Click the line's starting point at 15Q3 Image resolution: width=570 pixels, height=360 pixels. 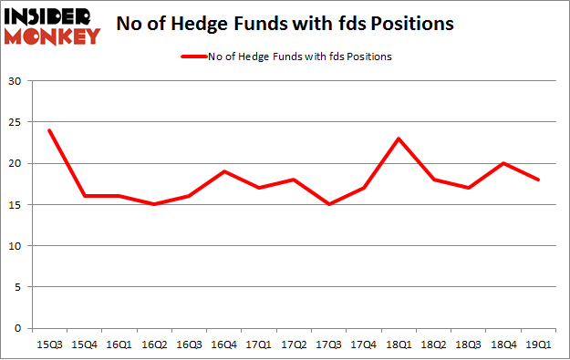pyautogui.click(x=49, y=130)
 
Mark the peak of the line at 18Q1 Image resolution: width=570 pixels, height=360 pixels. pyautogui.click(x=399, y=139)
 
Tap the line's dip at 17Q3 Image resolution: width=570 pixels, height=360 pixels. pyautogui.click(x=328, y=204)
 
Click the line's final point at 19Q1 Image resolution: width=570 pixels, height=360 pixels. pyautogui.click(x=538, y=180)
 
